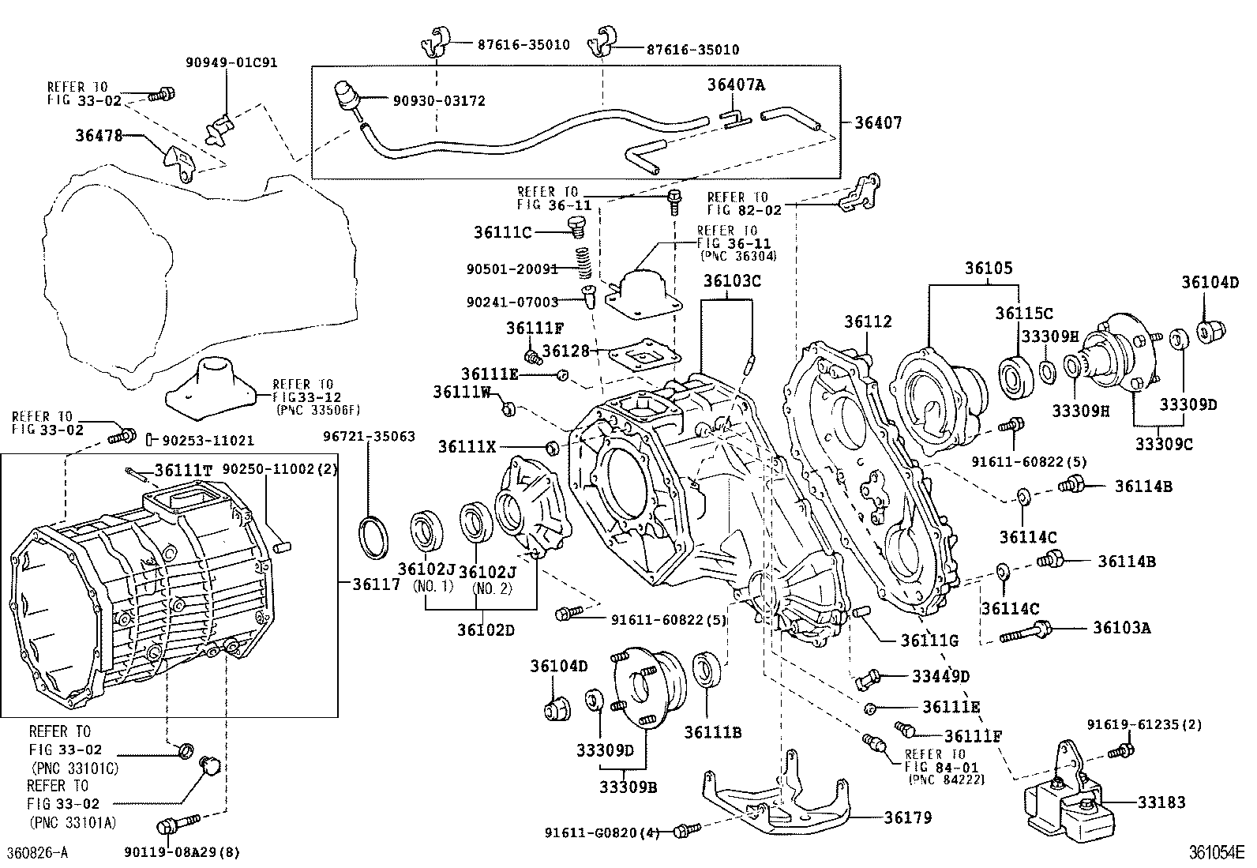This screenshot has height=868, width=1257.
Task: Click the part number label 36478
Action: coord(99,135)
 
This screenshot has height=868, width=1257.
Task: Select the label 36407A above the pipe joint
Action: coord(736,85)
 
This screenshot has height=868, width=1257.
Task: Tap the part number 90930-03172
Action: coord(439,101)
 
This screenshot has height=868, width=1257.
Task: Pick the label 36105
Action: coord(988,269)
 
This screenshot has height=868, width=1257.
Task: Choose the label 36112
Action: coord(868,321)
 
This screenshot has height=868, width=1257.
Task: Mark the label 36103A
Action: coord(1122,628)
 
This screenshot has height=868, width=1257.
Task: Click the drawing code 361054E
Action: coord(1217,853)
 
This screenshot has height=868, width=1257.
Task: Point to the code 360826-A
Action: coord(37,853)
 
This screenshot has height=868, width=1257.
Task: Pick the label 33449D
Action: coord(940,676)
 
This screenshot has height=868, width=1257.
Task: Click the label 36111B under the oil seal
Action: coord(712,732)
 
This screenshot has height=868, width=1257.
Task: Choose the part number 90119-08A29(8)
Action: coord(182,852)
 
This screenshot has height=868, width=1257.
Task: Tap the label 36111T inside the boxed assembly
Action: coord(183,470)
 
